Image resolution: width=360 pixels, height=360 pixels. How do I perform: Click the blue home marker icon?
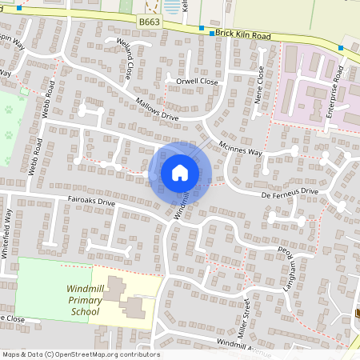[x=180, y=173]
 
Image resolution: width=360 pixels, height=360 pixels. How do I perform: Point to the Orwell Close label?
[x=191, y=81]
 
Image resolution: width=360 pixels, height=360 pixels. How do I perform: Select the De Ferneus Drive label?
[x=289, y=192]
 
